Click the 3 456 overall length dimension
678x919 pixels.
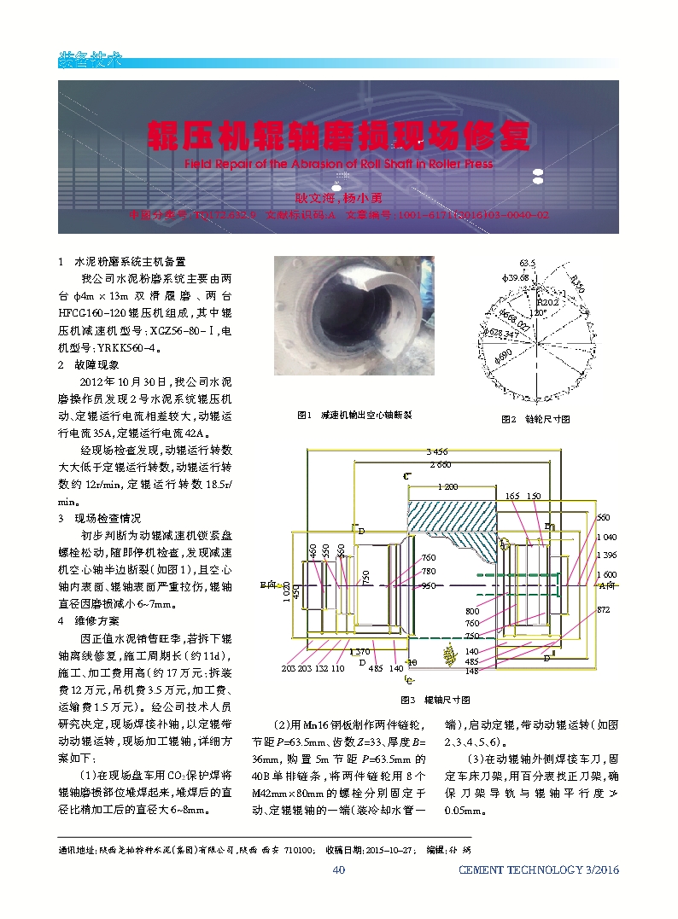[436, 451]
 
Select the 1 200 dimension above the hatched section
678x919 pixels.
[447, 486]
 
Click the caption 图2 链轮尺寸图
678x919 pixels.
[535, 419]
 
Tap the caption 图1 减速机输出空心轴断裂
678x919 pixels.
[354, 415]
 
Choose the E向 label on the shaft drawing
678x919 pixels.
[266, 586]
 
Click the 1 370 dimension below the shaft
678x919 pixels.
[359, 652]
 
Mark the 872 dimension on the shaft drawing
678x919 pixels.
[603, 610]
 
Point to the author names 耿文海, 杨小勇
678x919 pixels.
[337, 197]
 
